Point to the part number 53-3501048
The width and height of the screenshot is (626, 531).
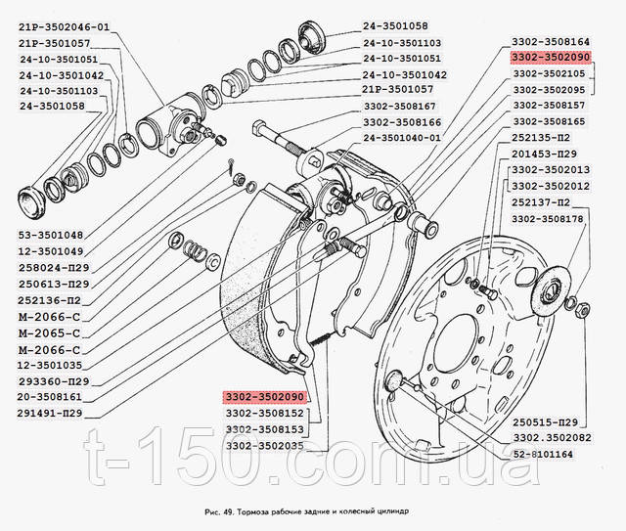52,235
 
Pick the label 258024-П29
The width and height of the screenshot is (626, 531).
54,267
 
